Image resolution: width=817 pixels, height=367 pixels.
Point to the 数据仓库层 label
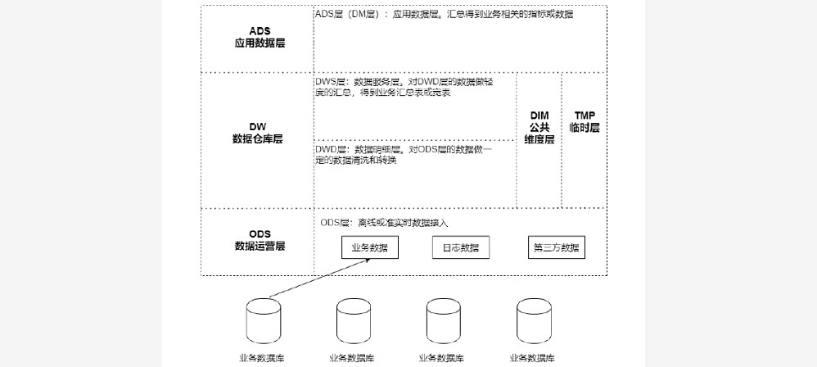click(x=258, y=139)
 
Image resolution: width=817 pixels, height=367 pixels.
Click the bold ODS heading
click(x=260, y=233)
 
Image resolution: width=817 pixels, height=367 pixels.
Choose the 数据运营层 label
click(x=260, y=246)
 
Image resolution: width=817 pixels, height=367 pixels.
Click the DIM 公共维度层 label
click(x=539, y=128)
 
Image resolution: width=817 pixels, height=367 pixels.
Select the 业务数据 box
click(x=369, y=247)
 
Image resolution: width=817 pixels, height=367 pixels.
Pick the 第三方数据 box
click(x=557, y=247)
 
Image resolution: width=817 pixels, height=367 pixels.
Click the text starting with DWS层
click(x=413, y=88)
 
